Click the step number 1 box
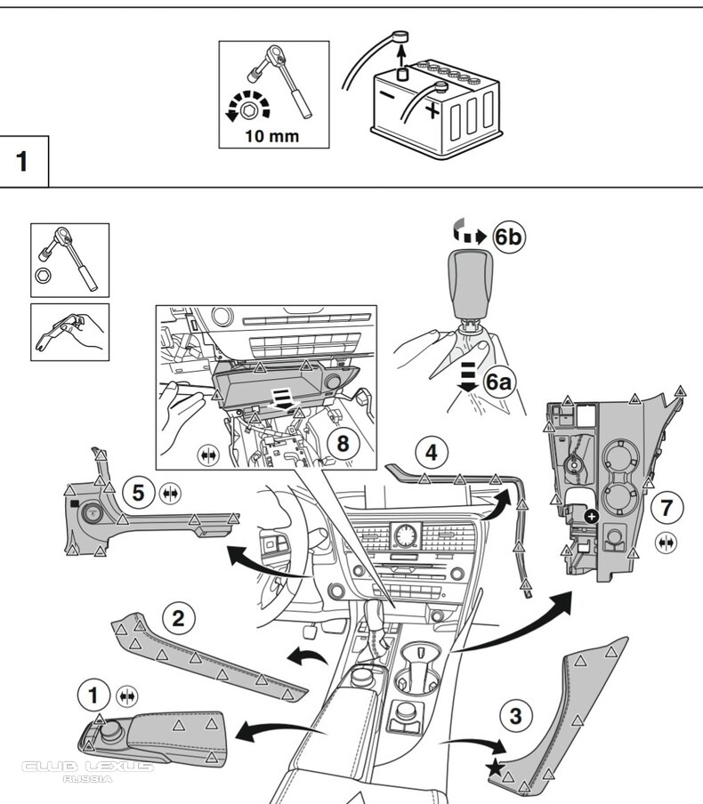point(22,162)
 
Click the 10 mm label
point(273,136)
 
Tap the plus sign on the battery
point(432,110)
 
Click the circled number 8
point(344,442)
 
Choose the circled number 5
point(137,491)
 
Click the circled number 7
point(667,510)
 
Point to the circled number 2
point(178,616)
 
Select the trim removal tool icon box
point(69,332)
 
